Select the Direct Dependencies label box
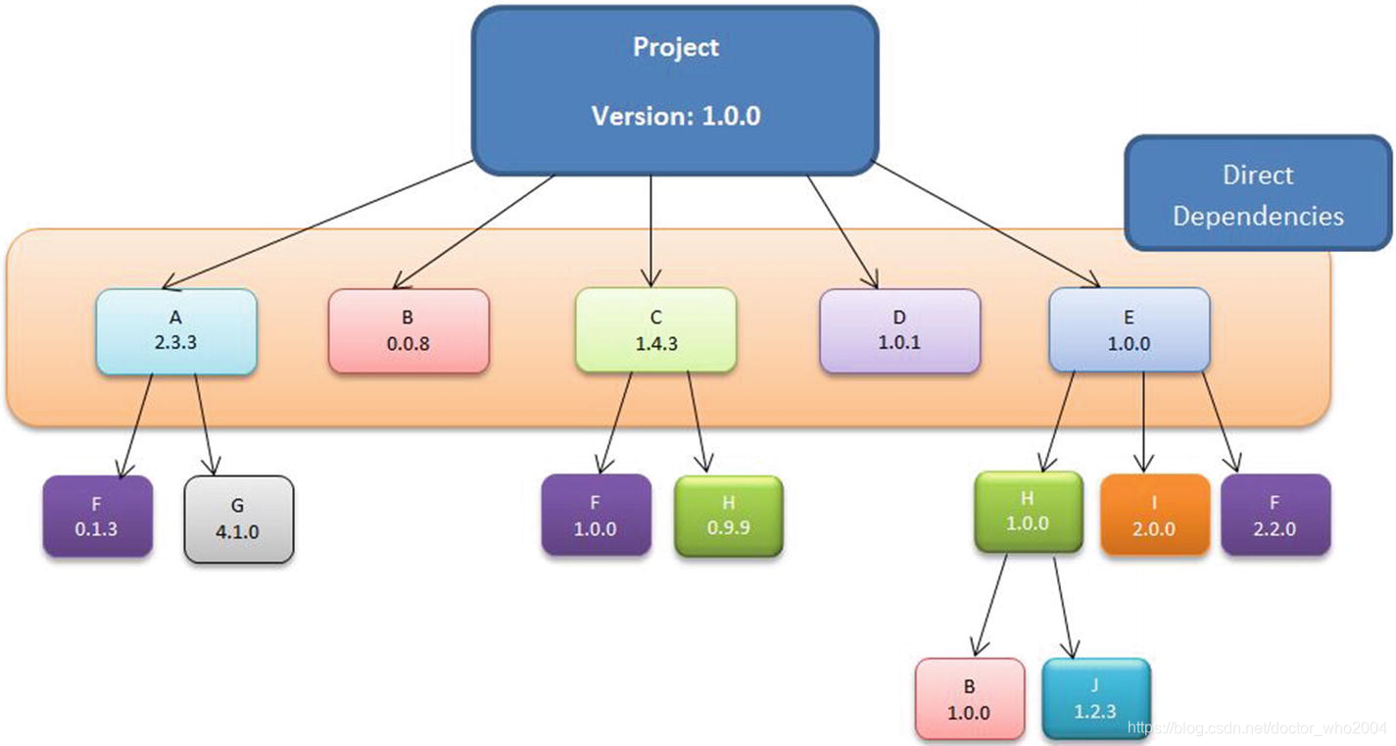[x=1258, y=194]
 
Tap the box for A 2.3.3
[x=176, y=331]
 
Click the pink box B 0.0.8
[x=409, y=331]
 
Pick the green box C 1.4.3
[x=655, y=330]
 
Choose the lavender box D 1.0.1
[x=899, y=331]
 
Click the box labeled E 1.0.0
[x=1129, y=330]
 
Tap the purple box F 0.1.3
[x=98, y=517]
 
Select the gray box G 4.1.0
[x=239, y=520]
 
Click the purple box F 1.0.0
[x=596, y=516]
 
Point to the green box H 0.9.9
[x=729, y=517]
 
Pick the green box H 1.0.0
[x=1028, y=512]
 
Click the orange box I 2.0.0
[x=1154, y=516]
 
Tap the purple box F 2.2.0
[x=1275, y=516]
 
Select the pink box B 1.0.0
[x=969, y=699]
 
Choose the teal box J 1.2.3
[x=1095, y=698]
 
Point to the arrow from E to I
[x=1142, y=422]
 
